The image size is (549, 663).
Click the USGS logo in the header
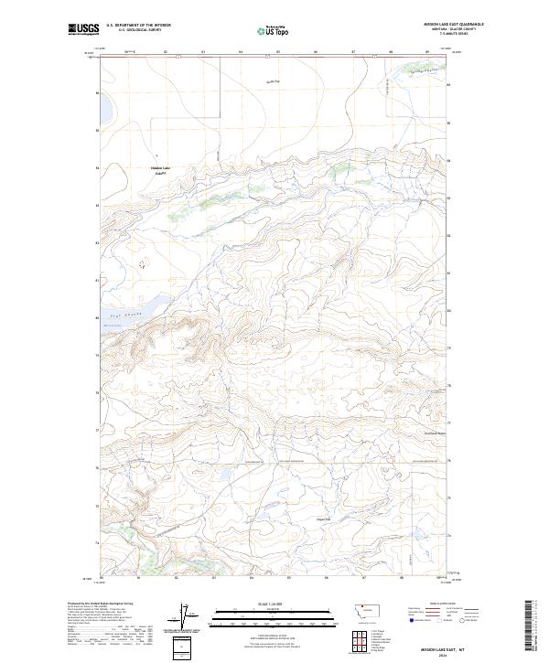(84, 29)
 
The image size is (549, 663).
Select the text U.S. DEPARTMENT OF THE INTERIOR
(138, 25)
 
